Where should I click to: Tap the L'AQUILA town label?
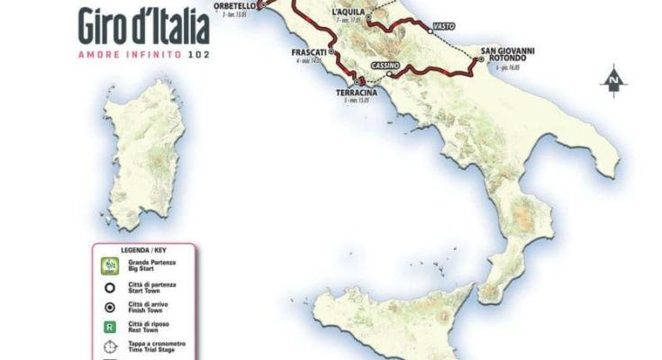347,11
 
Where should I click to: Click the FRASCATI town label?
308,52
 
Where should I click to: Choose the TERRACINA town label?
357,92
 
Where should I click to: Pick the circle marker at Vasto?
431,31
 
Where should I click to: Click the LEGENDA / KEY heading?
143,248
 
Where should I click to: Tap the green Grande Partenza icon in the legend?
109,265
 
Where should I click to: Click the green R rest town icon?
109,328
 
